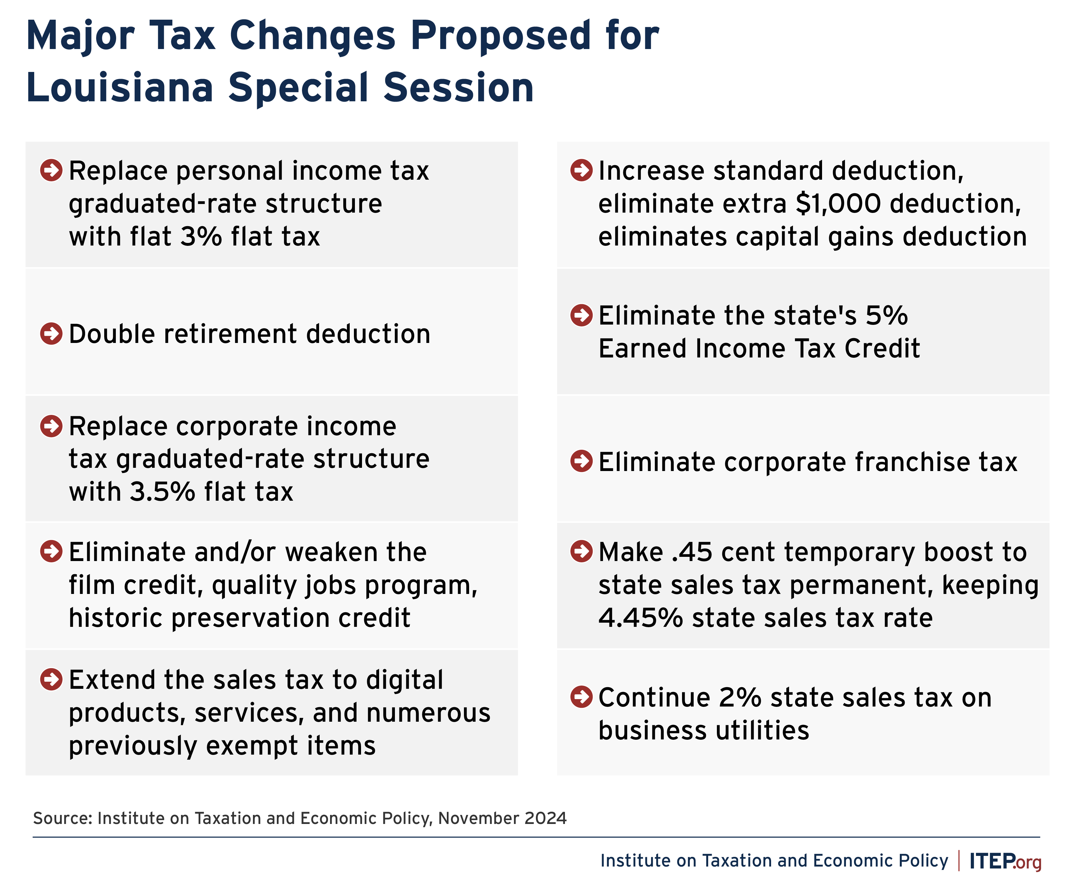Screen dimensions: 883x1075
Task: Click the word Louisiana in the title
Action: click(119, 87)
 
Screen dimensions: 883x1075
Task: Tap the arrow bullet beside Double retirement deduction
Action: click(51, 334)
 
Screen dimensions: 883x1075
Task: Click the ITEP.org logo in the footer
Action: click(1005, 861)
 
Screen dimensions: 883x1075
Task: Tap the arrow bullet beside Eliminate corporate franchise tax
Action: click(581, 461)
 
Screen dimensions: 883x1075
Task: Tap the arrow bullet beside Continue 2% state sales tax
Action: click(581, 697)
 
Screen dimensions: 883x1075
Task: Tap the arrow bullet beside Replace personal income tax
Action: click(51, 170)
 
